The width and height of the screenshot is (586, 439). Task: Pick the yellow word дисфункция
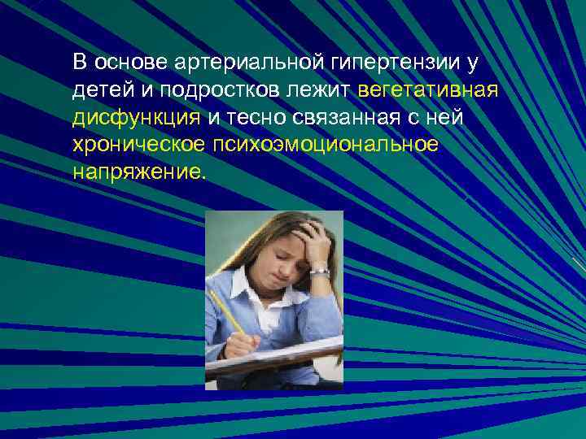136,119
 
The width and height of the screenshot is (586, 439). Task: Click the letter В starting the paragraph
79,62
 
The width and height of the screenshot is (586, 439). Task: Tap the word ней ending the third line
444,119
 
